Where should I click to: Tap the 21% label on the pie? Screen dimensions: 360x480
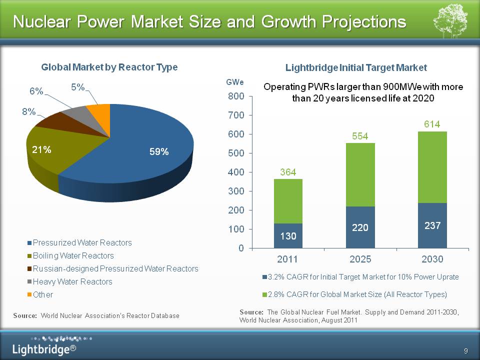42,149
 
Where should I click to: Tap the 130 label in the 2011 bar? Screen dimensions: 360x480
288,236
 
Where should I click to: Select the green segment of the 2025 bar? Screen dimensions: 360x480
360,174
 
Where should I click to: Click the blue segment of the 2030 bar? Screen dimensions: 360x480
432,225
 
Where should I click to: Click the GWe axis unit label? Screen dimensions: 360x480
235,81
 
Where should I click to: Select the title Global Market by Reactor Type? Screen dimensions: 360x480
109,67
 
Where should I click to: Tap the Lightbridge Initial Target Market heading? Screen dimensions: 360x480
356,67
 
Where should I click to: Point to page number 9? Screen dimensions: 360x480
465,349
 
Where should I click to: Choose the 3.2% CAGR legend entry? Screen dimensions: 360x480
360,276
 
